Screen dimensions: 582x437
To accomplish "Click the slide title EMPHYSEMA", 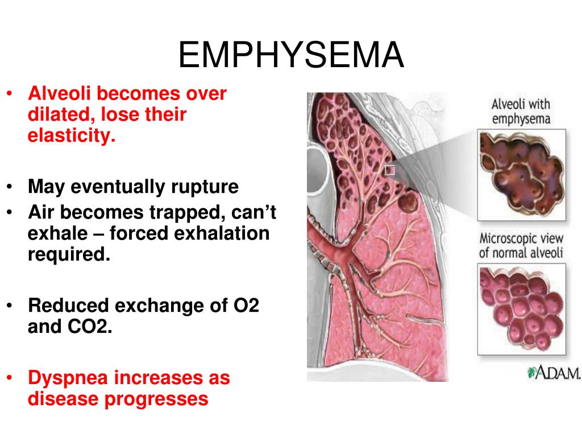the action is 291,55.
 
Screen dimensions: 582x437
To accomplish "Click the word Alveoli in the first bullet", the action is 59,93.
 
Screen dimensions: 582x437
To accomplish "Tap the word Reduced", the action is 69,306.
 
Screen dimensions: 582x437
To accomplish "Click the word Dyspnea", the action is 68,378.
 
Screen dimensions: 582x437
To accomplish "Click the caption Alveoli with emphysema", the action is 521,112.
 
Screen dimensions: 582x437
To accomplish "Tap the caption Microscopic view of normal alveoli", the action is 521,245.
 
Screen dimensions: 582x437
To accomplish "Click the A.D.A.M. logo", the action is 554,372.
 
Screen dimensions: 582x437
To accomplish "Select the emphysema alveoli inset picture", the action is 522,175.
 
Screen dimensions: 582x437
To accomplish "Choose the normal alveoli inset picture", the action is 522,309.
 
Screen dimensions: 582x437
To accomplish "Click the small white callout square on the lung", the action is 389,170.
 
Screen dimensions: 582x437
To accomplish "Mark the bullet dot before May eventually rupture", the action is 10,187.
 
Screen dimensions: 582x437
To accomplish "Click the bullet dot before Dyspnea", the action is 10,378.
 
